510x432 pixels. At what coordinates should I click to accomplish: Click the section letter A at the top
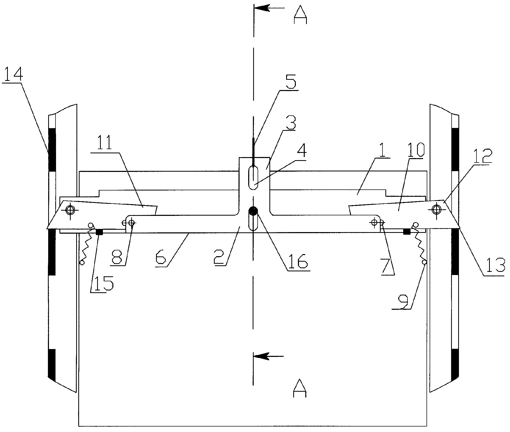click(x=300, y=17)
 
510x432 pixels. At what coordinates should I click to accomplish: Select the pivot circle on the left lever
click(x=70, y=210)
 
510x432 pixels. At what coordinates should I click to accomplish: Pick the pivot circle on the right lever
click(x=436, y=209)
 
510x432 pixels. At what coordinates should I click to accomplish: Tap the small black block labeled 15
click(x=99, y=232)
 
